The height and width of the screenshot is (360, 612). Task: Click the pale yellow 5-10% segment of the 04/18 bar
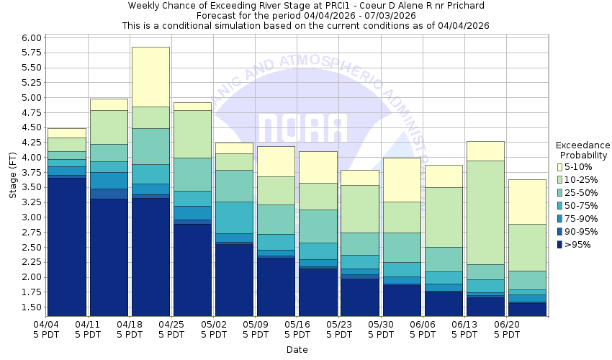click(x=150, y=77)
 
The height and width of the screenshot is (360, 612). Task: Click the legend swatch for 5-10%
click(x=560, y=167)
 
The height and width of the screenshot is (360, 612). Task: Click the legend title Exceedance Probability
click(x=583, y=150)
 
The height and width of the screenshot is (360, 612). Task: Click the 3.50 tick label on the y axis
click(x=31, y=187)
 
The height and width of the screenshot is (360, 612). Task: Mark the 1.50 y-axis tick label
click(x=31, y=307)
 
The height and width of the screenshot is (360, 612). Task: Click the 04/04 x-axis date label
click(x=47, y=325)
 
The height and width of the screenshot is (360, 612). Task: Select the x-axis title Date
click(x=297, y=350)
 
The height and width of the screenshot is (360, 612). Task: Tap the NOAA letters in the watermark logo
click(x=302, y=128)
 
